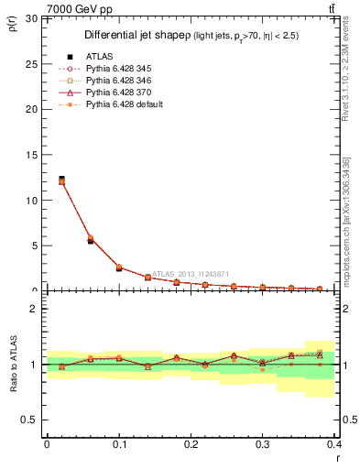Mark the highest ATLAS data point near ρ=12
pos(61,179)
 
